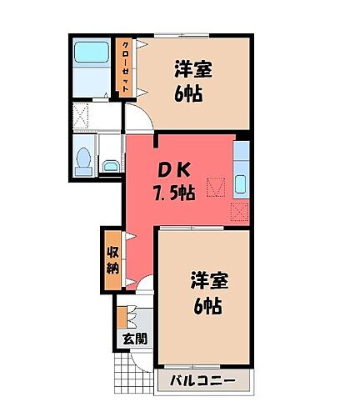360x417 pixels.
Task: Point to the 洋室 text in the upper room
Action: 193,68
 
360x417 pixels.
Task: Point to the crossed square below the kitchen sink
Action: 240,211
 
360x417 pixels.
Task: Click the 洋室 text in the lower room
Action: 208,279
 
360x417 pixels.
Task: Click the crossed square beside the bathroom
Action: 83,114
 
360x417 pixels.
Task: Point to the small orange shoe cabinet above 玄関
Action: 122,318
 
